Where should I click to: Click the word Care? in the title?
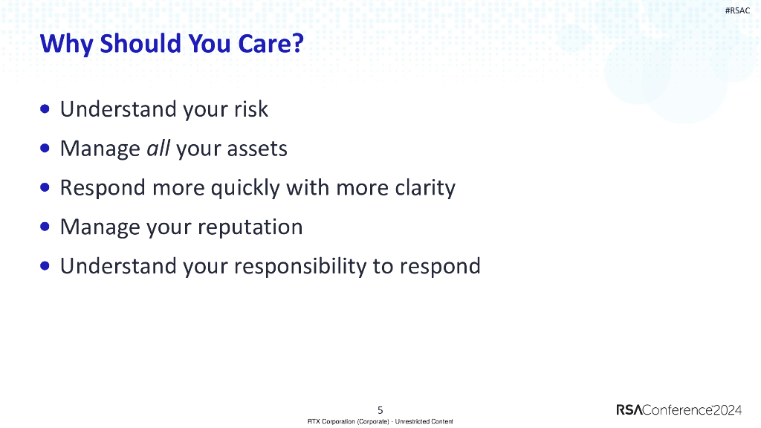(x=271, y=43)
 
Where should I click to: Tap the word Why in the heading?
(x=67, y=45)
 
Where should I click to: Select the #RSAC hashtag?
(x=737, y=10)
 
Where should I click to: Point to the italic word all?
(x=158, y=148)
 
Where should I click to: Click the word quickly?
(x=245, y=188)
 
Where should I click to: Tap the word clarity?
(x=425, y=188)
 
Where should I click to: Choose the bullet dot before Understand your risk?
(x=45, y=108)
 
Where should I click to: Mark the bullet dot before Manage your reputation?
(x=45, y=227)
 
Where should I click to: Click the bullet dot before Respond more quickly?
(x=45, y=187)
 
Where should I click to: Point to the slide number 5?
(x=380, y=410)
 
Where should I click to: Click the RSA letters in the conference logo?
(x=629, y=410)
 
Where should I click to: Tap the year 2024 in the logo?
(x=728, y=410)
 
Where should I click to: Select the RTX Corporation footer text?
(x=380, y=421)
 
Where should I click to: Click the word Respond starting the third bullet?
(x=103, y=188)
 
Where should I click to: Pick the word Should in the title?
(x=141, y=43)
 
